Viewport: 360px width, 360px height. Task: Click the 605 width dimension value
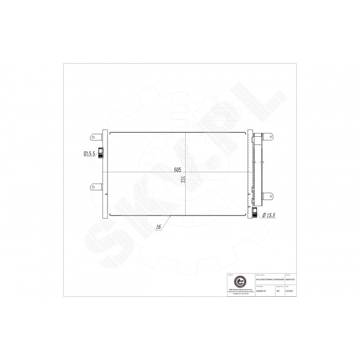click(x=177, y=169)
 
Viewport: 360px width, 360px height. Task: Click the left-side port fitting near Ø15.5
click(x=101, y=153)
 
